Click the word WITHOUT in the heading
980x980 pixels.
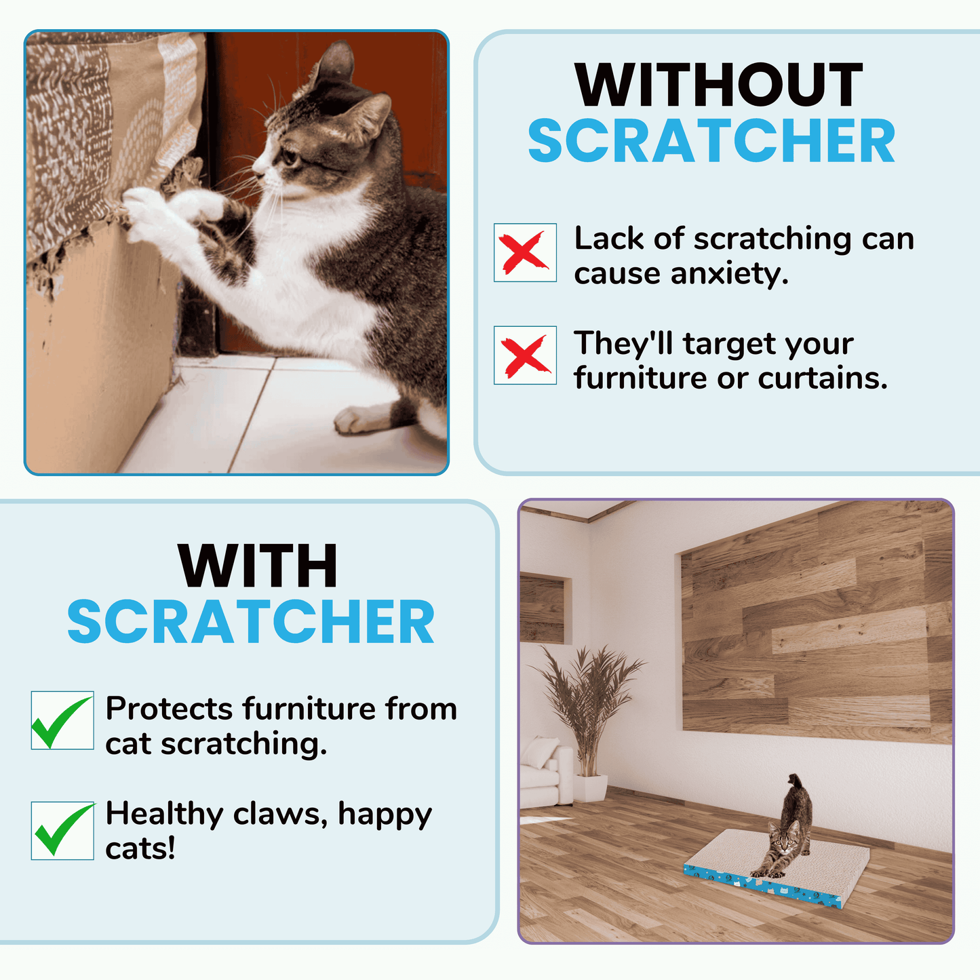point(718,85)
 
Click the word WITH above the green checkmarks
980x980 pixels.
point(258,567)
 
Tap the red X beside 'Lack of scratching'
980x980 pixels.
point(524,252)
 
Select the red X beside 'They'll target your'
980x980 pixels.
point(524,355)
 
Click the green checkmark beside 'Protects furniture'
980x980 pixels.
point(62,720)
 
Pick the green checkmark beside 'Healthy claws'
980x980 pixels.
point(62,830)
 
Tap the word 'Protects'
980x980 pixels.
point(169,709)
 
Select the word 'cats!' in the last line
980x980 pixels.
point(140,848)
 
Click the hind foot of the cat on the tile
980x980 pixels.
point(359,419)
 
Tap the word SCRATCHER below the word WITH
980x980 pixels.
point(251,623)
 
